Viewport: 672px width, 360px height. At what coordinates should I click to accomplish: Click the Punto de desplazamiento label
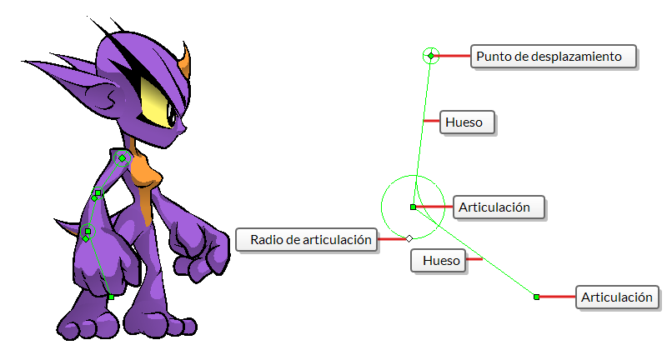pos(554,56)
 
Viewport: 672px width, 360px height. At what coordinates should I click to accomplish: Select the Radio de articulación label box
pos(307,239)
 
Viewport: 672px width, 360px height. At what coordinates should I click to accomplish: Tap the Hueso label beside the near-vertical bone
pos(467,122)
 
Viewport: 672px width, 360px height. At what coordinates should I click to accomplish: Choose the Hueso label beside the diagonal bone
pos(438,261)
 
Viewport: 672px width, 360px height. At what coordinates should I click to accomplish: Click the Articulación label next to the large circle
pos(499,207)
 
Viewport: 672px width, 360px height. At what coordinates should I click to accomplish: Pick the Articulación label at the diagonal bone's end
pos(617,297)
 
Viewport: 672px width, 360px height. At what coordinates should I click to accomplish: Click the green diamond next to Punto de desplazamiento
pos(431,56)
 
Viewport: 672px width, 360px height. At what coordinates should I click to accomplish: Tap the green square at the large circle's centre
pos(414,207)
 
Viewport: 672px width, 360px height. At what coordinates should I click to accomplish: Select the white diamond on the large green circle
pos(409,238)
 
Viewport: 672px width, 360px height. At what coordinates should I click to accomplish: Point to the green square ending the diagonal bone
pos(536,297)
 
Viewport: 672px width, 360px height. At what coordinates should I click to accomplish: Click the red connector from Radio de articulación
pos(392,238)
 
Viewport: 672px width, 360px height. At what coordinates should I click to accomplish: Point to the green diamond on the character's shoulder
pos(122,158)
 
